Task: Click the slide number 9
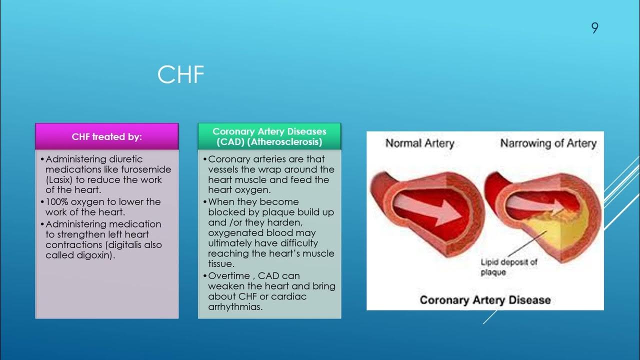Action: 594,28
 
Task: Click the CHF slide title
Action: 180,75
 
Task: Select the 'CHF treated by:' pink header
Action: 107,137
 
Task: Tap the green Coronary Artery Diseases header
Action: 269,136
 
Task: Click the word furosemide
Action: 146,169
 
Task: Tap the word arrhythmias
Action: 235,307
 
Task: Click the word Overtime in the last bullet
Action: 229,275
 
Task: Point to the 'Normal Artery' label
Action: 419,143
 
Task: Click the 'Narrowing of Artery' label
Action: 548,143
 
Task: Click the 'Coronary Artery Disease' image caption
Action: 485,300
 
